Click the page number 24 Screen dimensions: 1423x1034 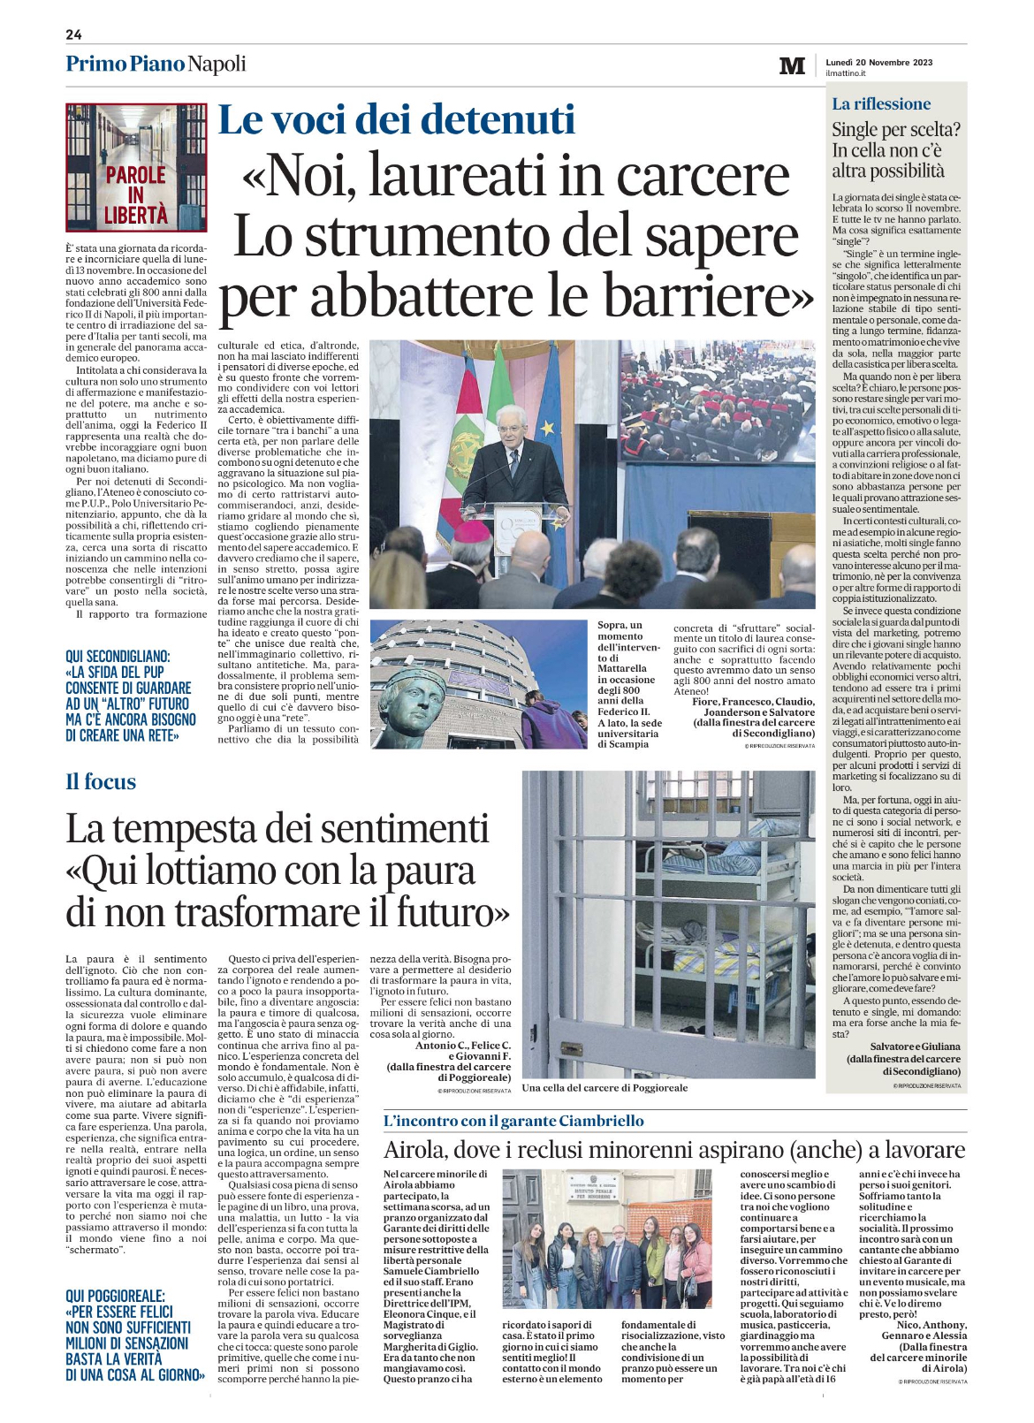tap(73, 34)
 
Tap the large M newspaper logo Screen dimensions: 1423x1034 tap(792, 66)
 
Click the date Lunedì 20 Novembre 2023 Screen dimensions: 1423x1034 tap(878, 62)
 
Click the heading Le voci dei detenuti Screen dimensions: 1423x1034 tap(396, 120)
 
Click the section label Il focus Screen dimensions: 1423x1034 tap(101, 782)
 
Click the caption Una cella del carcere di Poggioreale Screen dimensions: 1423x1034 tap(604, 1087)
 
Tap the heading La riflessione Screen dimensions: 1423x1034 tap(881, 104)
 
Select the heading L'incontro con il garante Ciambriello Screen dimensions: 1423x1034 tap(513, 1121)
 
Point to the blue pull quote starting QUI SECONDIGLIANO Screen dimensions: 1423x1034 tap(130, 696)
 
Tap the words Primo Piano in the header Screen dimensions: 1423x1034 tap(125, 64)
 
